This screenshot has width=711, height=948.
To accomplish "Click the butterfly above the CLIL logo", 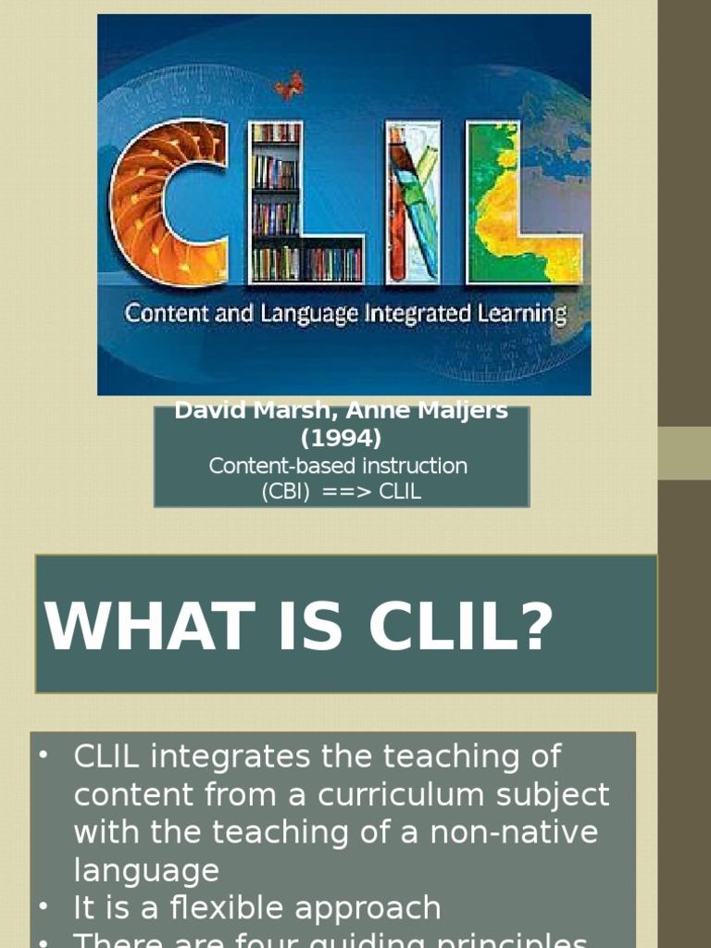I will tap(289, 85).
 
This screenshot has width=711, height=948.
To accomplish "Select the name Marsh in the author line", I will tap(289, 411).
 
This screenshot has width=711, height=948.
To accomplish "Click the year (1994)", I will tap(341, 438).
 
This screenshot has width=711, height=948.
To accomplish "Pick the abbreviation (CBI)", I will tap(285, 493).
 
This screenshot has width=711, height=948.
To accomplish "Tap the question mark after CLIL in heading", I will tap(536, 628).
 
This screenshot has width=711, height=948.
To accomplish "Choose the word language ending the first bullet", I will tap(146, 870).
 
